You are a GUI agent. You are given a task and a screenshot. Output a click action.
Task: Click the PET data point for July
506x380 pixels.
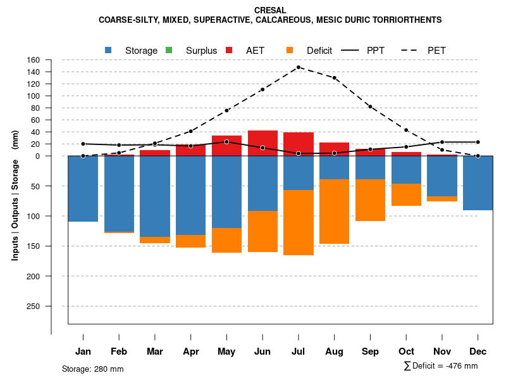pos(299,67)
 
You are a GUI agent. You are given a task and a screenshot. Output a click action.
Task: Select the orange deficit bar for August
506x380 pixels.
pos(335,212)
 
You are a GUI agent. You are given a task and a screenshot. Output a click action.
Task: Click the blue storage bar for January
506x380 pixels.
pos(83,189)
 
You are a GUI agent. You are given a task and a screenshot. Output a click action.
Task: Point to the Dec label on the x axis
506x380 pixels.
pos(478,351)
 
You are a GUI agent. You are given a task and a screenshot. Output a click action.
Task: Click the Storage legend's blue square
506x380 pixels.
pos(108,50)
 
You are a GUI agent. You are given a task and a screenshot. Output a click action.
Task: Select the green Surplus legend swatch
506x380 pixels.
pos(169,50)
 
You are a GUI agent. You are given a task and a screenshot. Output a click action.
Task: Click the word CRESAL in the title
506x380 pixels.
pos(270,11)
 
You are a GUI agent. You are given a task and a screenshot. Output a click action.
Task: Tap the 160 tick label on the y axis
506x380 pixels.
pos(34,60)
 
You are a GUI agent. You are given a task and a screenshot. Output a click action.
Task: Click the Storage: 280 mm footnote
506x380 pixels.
pos(93,369)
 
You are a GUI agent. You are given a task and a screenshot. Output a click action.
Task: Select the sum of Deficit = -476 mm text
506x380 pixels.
pos(441,366)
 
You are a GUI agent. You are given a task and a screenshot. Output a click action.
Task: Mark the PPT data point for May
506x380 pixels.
pos(226,142)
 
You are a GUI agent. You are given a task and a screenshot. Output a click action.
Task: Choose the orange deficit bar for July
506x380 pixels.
pos(299,222)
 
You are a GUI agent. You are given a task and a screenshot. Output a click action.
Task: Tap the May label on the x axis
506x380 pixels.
pos(226,351)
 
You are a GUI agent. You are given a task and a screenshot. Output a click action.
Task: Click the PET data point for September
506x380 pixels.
pos(370,106)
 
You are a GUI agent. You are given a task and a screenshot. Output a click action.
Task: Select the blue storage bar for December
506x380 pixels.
pos(478,183)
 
